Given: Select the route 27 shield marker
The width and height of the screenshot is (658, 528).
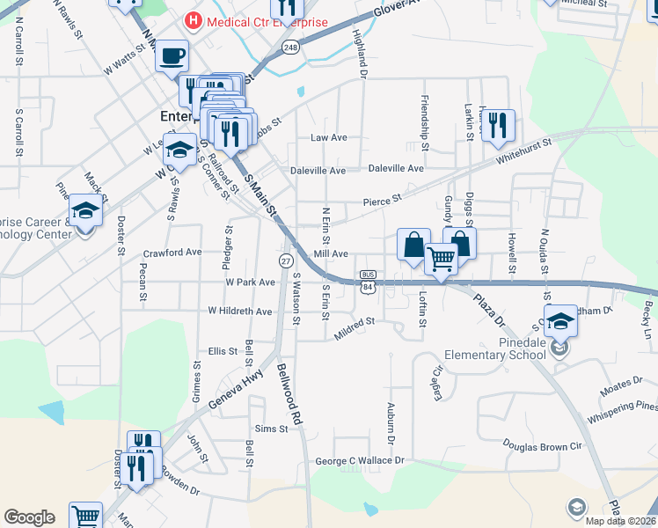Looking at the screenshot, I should point(286,261).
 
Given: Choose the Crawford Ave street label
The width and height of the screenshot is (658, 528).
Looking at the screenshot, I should point(172,252).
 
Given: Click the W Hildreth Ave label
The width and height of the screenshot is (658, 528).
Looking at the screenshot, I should point(240,311).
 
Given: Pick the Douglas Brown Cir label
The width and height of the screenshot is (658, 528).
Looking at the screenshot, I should point(543,446).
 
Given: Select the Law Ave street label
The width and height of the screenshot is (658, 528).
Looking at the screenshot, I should point(329,138).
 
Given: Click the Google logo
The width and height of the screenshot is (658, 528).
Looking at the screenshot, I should point(30,517).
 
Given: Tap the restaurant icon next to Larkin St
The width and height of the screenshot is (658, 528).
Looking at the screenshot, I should point(497,126).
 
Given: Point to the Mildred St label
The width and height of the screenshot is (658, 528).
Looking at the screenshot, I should point(355,328).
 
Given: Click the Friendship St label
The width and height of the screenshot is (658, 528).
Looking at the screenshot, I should point(425,117).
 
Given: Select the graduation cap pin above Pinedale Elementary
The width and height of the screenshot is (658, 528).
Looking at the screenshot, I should point(560,321).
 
